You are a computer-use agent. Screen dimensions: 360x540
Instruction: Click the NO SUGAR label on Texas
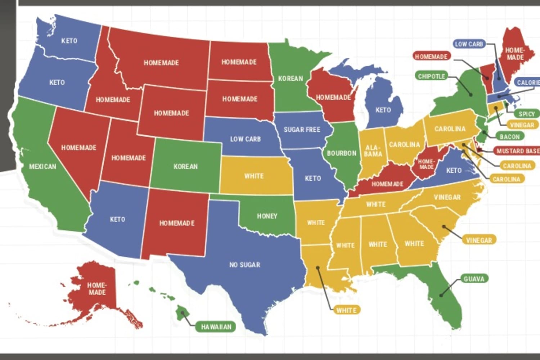click(245, 265)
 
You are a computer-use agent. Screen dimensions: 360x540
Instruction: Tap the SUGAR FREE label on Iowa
click(302, 130)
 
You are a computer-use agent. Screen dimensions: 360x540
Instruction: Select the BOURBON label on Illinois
click(341, 153)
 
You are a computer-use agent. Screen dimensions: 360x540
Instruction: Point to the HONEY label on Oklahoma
click(267, 216)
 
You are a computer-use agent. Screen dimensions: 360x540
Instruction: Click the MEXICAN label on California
click(42, 167)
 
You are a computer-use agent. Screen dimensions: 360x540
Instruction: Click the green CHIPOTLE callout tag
click(431, 76)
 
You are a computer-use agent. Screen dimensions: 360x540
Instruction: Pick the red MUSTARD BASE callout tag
click(517, 151)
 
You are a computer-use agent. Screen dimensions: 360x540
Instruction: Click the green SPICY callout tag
click(526, 114)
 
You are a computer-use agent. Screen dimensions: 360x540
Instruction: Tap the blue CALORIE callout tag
click(528, 82)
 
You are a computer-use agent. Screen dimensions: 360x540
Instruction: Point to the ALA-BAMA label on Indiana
click(373, 151)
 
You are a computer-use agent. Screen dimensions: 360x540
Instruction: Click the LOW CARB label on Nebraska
click(246, 139)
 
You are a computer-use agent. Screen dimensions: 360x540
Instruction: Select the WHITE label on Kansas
click(254, 176)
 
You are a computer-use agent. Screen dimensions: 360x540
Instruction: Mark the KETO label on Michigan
click(383, 110)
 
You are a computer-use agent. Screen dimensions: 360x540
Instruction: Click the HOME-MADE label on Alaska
click(97, 289)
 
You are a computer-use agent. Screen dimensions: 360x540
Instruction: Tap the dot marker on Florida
click(441, 296)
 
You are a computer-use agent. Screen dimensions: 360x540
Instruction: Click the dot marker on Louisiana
click(318, 267)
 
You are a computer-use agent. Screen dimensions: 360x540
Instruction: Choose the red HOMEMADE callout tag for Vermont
click(431, 57)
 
